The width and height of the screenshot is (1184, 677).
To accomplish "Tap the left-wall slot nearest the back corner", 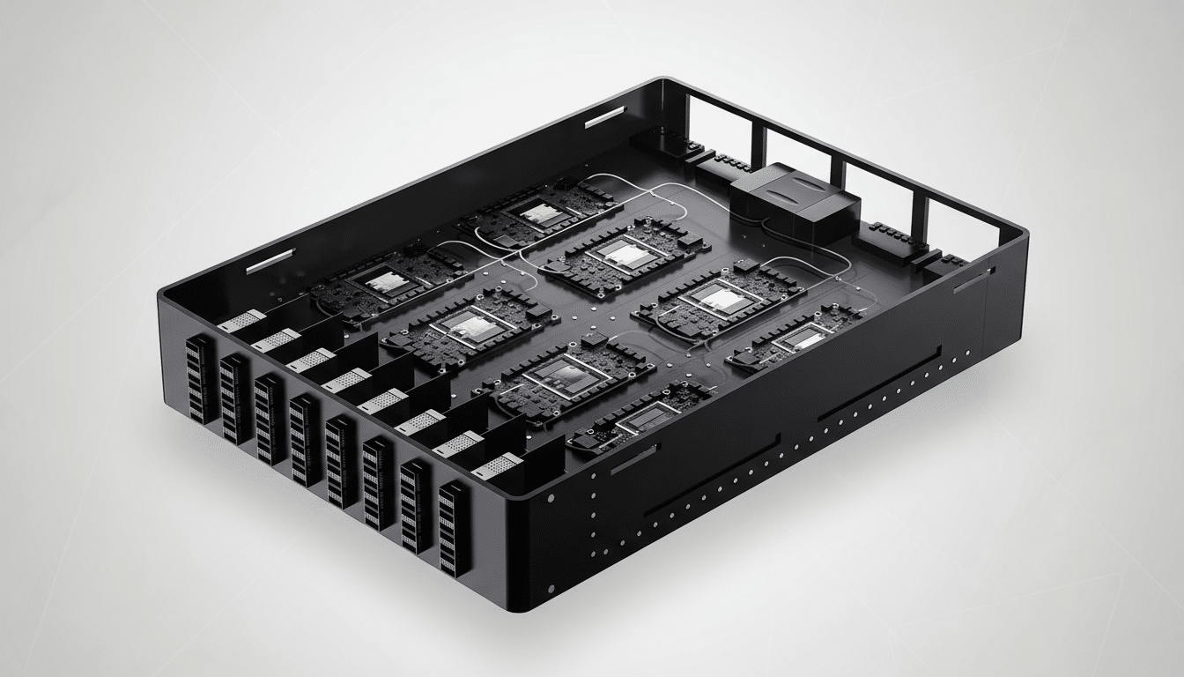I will tap(604, 116).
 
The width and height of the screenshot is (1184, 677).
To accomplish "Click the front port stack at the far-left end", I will tap(200, 380).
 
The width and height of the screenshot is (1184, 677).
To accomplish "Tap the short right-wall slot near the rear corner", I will tap(973, 281).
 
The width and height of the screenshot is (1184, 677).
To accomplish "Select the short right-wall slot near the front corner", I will tap(633, 461).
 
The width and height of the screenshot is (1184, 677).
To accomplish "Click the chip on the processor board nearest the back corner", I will tap(538, 212).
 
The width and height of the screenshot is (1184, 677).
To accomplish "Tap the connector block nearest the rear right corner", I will tap(942, 263).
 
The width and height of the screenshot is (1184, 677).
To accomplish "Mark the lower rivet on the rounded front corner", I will tap(550, 589).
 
